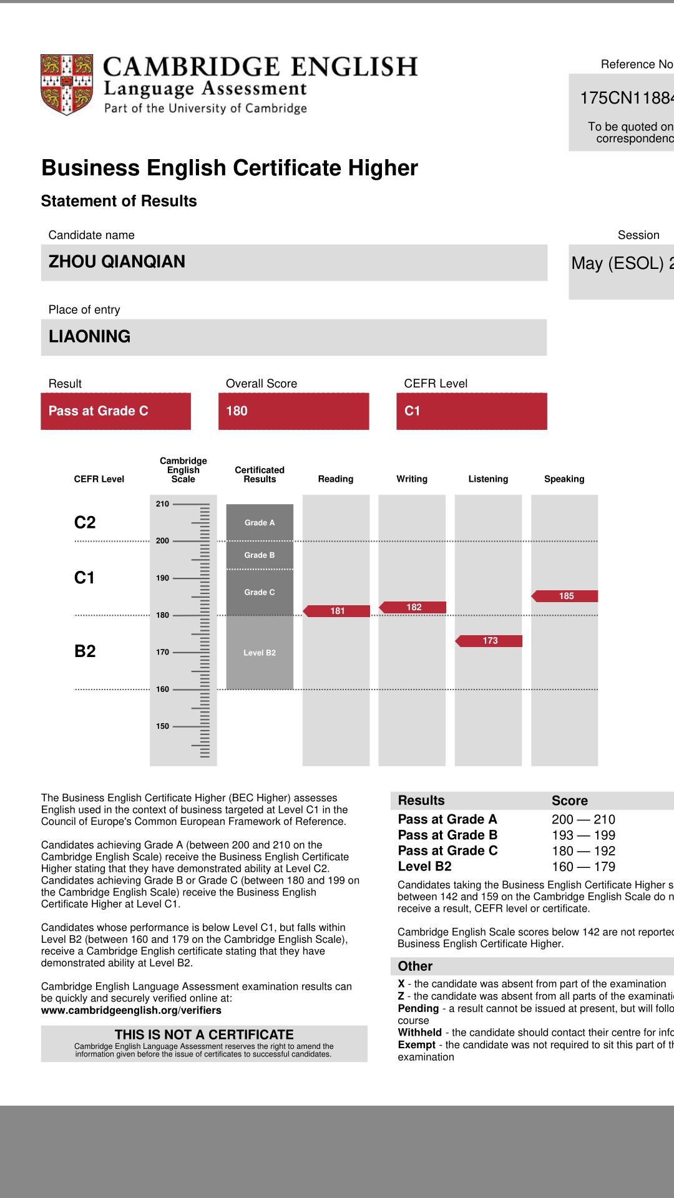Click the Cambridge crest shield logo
67,84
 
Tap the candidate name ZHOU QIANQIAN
117,262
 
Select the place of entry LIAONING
90,337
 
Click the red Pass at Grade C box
115,411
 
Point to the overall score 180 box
293,411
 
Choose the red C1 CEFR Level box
471,411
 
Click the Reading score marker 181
337,611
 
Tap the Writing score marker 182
413,607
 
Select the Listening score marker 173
489,641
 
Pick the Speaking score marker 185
565,596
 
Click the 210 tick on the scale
163,504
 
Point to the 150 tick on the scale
163,726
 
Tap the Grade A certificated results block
260,523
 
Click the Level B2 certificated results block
260,653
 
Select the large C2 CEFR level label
85,523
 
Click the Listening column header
488,479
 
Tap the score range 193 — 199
584,835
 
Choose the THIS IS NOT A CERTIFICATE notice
204,1035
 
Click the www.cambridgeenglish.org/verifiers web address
131,1010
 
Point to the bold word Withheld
420,1033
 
